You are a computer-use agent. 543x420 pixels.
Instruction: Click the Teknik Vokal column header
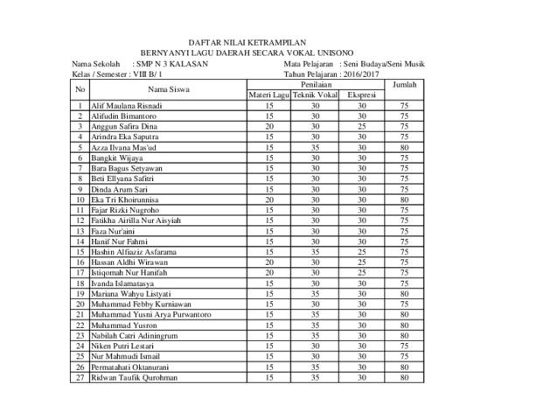315,94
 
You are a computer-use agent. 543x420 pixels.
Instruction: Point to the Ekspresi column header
362,94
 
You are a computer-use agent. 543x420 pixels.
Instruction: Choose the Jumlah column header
404,84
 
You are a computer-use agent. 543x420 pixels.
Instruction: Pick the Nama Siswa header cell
165,89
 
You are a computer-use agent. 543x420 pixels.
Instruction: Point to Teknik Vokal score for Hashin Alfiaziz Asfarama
315,252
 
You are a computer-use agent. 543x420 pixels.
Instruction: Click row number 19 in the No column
80,294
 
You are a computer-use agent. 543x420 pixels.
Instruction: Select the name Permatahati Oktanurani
129,367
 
